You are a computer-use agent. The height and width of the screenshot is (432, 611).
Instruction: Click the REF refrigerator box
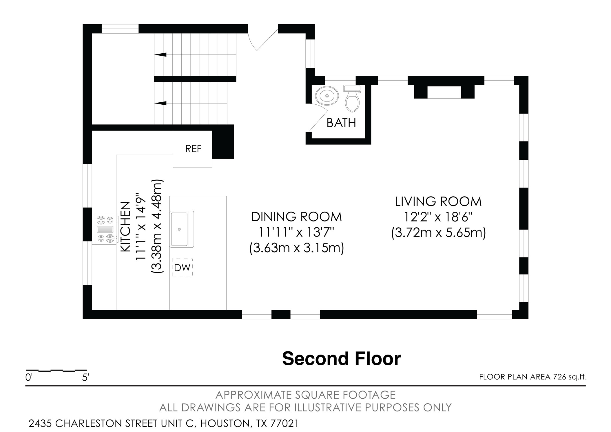click(x=193, y=149)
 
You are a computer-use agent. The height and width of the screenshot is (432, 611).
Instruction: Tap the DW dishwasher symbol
click(x=182, y=268)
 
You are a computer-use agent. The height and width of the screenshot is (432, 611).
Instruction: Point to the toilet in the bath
click(x=352, y=100)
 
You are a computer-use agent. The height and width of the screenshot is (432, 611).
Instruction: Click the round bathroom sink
click(x=327, y=95)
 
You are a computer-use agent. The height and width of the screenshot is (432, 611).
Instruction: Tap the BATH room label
click(x=341, y=123)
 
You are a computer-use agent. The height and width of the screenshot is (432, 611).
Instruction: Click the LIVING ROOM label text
click(x=438, y=202)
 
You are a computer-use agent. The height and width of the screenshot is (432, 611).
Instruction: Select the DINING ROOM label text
click(x=296, y=217)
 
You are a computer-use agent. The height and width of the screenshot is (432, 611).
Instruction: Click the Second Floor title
click(x=341, y=359)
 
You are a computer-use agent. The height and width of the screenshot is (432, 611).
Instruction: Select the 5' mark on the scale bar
click(x=85, y=377)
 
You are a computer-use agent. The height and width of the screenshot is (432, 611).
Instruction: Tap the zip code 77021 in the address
click(x=284, y=424)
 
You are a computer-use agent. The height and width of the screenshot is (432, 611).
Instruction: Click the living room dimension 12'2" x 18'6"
click(x=438, y=217)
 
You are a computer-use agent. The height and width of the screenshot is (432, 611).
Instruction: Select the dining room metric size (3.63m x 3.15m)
click(x=296, y=248)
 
